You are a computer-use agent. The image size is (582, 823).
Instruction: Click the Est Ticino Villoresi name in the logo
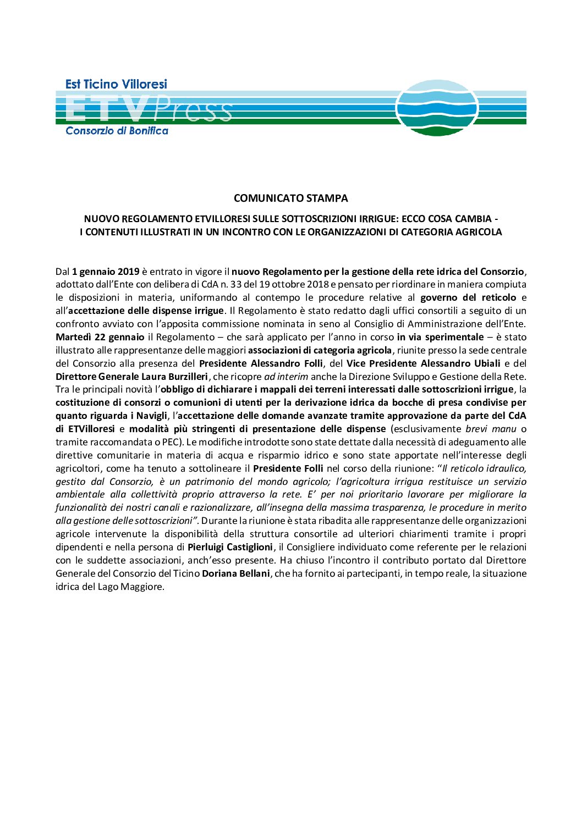point(116,84)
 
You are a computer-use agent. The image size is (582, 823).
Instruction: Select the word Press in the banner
point(193,110)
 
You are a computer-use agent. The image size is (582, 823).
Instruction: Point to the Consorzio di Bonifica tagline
point(117,131)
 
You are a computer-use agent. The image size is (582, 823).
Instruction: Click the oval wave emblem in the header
point(437,108)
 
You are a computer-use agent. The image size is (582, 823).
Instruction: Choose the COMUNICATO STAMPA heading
point(290,198)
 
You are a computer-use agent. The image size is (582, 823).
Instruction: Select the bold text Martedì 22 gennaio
point(100,337)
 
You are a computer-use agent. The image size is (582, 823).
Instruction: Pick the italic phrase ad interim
point(286,377)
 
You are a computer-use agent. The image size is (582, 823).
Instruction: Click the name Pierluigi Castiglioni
point(230,548)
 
